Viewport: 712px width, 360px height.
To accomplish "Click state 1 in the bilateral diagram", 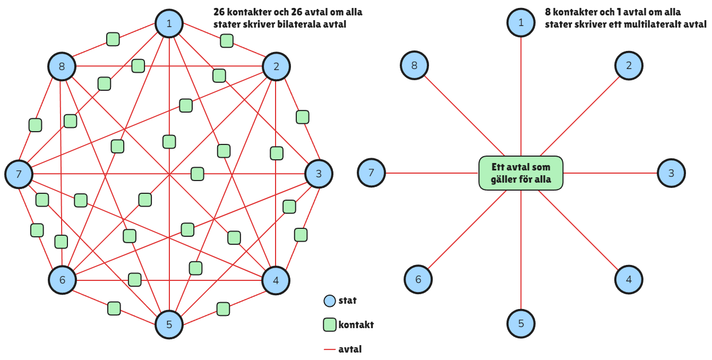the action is pyautogui.click(x=169, y=23).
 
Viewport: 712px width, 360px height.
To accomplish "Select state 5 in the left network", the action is pyautogui.click(x=169, y=324).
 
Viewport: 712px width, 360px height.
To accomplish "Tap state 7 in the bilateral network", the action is pyautogui.click(x=19, y=174).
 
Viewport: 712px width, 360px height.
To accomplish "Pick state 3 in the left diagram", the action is pyautogui.click(x=319, y=174).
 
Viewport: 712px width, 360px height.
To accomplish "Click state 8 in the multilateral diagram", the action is pyautogui.click(x=414, y=65).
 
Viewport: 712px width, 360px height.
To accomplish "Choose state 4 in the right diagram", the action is pyautogui.click(x=629, y=280).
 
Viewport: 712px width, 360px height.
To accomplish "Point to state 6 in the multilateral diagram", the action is pyautogui.click(x=418, y=279).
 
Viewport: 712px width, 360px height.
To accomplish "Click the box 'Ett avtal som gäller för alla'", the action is pyautogui.click(x=521, y=173).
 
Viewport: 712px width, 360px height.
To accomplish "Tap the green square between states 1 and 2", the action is pyautogui.click(x=227, y=41).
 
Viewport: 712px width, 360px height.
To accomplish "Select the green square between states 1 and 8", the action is pyautogui.click(x=113, y=39).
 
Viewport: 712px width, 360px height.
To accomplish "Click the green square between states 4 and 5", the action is pyautogui.click(x=223, y=309).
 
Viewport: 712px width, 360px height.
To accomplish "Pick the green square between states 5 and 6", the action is pyautogui.click(x=114, y=308).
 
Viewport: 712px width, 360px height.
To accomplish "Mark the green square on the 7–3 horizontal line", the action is pyautogui.click(x=198, y=174).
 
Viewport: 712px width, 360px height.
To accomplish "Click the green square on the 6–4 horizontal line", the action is pyautogui.click(x=135, y=280).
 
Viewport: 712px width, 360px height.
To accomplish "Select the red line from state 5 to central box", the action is pyautogui.click(x=521, y=250).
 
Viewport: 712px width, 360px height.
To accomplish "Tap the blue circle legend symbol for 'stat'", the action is pyautogui.click(x=330, y=301).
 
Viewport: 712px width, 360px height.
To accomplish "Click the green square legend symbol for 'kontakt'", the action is pyautogui.click(x=330, y=325).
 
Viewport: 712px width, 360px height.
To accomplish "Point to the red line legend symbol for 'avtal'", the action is pyautogui.click(x=330, y=349).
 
